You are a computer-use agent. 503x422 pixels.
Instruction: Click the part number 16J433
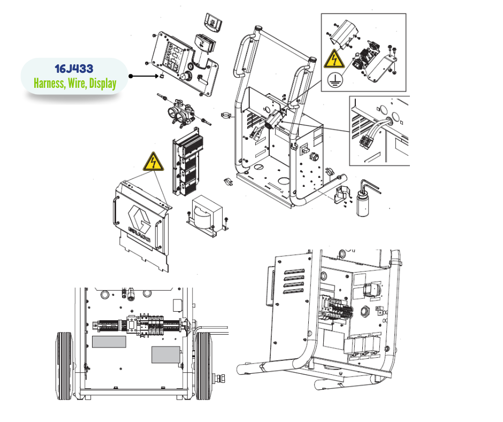click(x=74, y=69)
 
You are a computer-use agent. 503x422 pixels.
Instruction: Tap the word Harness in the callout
click(x=49, y=83)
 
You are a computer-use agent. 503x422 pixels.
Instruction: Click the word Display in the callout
click(x=103, y=84)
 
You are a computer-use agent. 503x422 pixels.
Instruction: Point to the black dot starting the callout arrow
click(x=131, y=76)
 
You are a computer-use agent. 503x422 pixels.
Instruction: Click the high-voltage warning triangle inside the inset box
click(x=334, y=59)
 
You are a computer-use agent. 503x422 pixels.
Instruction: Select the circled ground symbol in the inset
click(x=334, y=80)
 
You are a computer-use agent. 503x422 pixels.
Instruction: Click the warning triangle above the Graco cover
click(x=154, y=162)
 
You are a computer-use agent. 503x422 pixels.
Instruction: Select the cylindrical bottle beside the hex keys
click(x=363, y=204)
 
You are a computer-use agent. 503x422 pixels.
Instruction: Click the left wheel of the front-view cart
click(x=64, y=366)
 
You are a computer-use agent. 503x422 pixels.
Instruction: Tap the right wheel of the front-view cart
click(x=203, y=366)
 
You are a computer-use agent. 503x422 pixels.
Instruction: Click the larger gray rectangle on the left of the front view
click(x=109, y=342)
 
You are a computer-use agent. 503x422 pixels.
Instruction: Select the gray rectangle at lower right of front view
click(x=165, y=355)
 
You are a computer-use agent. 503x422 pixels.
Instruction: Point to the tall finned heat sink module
click(x=188, y=162)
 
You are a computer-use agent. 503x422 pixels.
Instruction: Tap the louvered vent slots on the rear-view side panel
click(x=294, y=281)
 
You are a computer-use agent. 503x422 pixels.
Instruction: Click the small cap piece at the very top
click(x=214, y=22)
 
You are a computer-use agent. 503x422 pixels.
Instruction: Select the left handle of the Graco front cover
click(x=115, y=210)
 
